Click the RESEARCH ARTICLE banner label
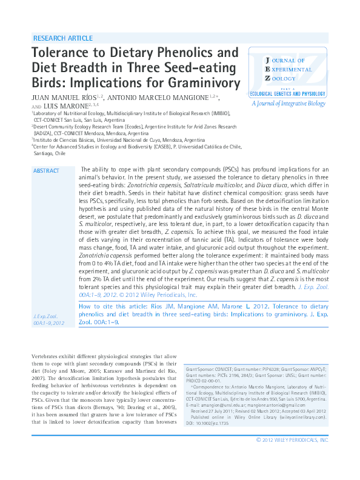pos(63,38)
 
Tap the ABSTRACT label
pos(46,171)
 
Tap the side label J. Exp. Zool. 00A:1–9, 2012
pos(48,321)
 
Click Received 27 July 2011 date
pos(216,412)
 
